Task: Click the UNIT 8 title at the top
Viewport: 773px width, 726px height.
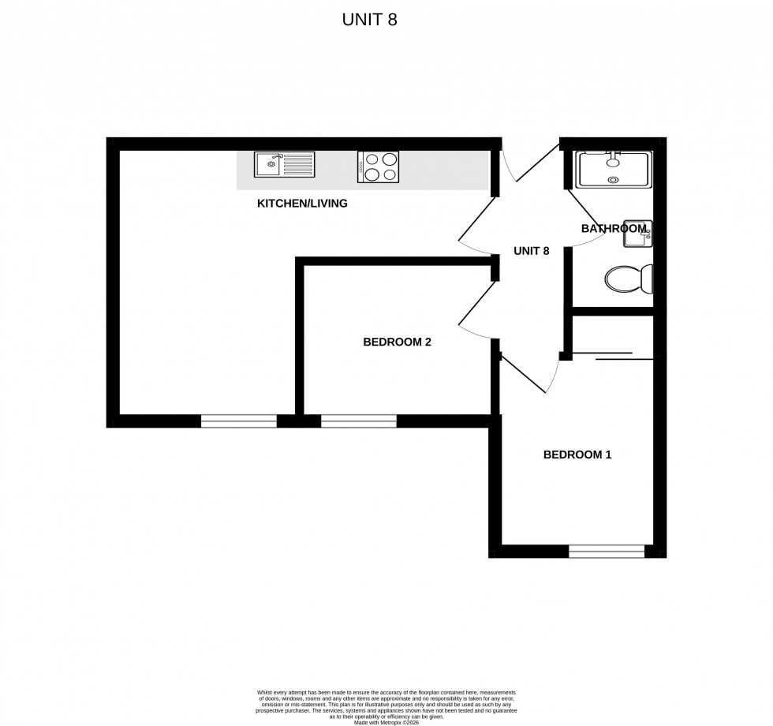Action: pos(369,21)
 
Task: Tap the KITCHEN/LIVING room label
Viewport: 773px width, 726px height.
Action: pos(302,204)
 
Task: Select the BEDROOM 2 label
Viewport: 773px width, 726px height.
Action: pos(397,342)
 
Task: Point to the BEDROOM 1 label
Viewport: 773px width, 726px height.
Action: pos(577,455)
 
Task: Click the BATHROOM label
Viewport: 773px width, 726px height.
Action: pos(613,229)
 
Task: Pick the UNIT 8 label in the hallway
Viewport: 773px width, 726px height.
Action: pos(531,251)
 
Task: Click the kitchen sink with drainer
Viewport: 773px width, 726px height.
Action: pos(284,165)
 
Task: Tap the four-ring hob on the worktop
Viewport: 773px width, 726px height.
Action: pos(378,167)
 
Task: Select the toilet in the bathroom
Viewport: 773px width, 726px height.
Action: pos(629,279)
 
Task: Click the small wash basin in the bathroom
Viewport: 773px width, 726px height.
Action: pos(637,234)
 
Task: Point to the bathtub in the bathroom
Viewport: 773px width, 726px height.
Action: pos(613,170)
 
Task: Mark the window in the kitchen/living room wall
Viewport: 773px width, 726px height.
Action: pos(239,421)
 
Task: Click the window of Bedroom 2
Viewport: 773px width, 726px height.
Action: pos(359,421)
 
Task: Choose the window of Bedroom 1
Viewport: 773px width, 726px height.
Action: pos(607,552)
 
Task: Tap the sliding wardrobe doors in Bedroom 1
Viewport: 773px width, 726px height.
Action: pos(614,356)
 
